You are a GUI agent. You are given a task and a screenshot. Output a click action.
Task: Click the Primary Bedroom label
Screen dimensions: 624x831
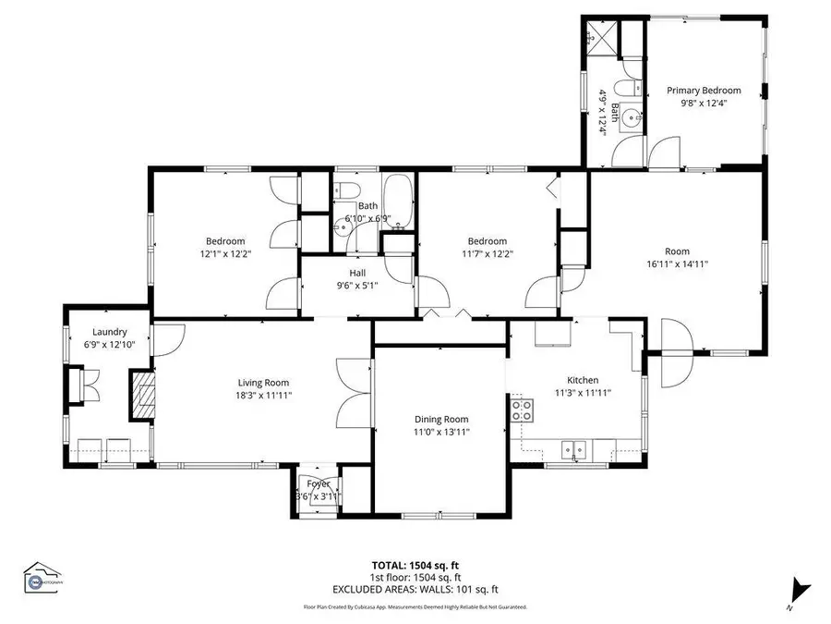pos(704,91)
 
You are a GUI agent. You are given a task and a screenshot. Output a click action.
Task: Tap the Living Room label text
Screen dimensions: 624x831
pos(264,383)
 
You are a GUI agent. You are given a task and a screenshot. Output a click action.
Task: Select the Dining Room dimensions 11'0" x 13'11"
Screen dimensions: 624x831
pos(442,432)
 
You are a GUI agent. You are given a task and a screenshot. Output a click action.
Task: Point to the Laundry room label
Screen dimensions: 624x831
pos(109,332)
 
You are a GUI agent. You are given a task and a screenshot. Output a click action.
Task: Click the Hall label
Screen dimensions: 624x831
pos(358,273)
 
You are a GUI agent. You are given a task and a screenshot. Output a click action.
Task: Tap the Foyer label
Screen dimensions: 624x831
pos(318,483)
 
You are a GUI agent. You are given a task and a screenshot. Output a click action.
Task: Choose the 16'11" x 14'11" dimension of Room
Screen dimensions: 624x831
pos(677,263)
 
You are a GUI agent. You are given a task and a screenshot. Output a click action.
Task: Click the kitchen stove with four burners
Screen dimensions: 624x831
pos(523,409)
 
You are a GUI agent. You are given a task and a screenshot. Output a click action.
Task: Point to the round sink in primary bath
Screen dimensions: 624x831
pos(632,117)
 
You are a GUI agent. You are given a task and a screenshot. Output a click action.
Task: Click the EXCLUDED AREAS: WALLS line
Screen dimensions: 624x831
pos(415,589)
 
